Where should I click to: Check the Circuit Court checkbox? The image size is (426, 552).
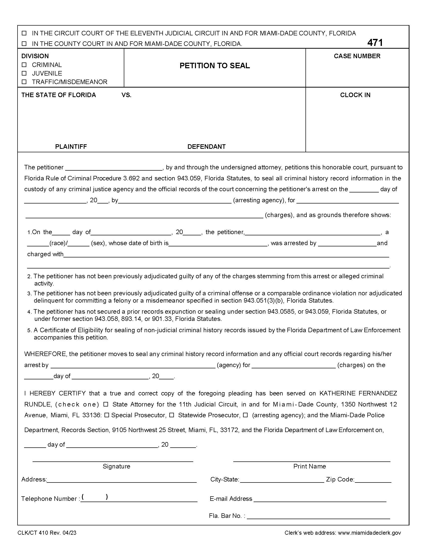coord(24,33)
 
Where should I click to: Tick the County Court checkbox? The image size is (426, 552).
coord(24,44)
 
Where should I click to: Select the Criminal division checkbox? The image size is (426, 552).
coord(24,65)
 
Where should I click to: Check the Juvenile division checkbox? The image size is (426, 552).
coord(24,73)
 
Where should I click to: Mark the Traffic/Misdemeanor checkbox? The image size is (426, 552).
coord(24,82)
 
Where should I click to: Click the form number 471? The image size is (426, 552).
coord(375,43)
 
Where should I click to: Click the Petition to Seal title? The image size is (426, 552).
coord(215,66)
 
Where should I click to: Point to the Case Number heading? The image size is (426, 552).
coord(357,56)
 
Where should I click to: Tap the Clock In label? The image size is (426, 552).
coord(355,95)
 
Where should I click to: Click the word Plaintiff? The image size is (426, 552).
coord(71,147)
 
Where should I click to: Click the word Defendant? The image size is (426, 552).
coord(206,147)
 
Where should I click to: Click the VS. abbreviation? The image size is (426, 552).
coord(127,95)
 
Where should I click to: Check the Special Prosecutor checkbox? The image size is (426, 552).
coord(107,415)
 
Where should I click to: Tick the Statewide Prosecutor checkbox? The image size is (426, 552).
coord(172,415)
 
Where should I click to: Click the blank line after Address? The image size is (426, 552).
coord(122,480)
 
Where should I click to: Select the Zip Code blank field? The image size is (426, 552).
coord(373,480)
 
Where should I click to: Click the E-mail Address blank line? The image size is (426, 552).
coord(320,499)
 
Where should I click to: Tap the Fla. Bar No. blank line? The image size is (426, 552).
coord(318,516)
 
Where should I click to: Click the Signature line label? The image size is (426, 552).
coord(116,466)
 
